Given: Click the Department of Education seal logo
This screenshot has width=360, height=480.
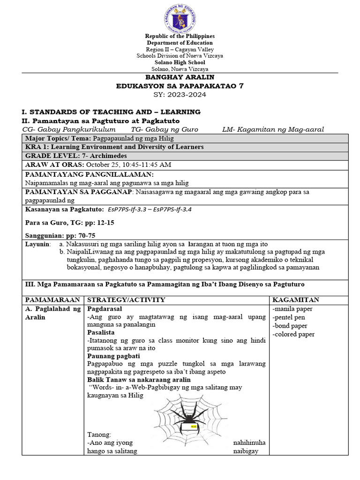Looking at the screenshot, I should pos(180,19).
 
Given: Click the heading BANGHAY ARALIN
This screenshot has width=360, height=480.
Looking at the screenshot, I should pos(180,77).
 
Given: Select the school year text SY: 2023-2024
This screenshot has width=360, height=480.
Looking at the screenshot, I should pos(180,94).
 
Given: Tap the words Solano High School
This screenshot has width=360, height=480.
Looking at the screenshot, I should pos(180,62).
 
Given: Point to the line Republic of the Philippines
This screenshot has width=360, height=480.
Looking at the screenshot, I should pos(180,36).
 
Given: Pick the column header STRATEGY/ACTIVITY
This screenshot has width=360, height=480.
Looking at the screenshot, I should pos(126,300).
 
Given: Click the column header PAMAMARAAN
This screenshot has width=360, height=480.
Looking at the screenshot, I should pos(51,300).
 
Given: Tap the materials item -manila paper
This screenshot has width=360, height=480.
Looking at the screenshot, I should pos(292,309).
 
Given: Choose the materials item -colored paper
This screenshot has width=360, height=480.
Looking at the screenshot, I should pos(293,334).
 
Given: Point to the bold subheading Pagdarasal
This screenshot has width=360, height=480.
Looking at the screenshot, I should pos(105,309).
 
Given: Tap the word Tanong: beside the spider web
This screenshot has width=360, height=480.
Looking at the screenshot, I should pos(99,435).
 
